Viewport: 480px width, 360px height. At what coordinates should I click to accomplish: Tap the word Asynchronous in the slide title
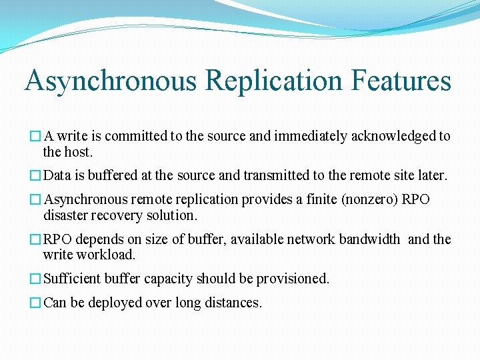click(111, 81)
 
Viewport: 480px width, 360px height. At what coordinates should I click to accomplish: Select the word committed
click(136, 136)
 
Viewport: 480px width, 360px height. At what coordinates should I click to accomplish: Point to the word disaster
click(65, 215)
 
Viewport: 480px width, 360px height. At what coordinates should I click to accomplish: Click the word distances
click(235, 303)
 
